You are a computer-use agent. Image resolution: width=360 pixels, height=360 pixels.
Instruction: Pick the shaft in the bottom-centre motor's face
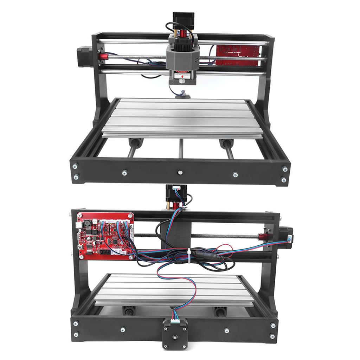pyautogui.click(x=174, y=337)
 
